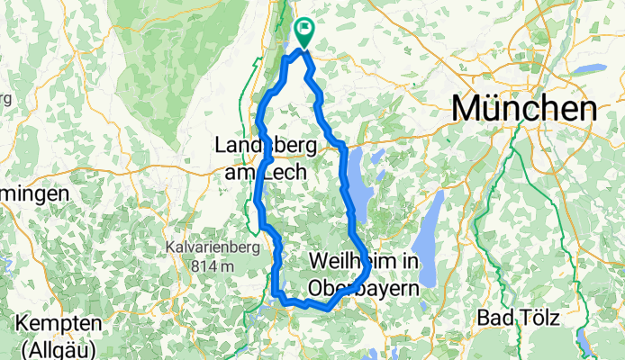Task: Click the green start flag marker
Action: [303, 33]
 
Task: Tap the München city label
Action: [524, 108]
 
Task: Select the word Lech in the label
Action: [283, 170]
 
